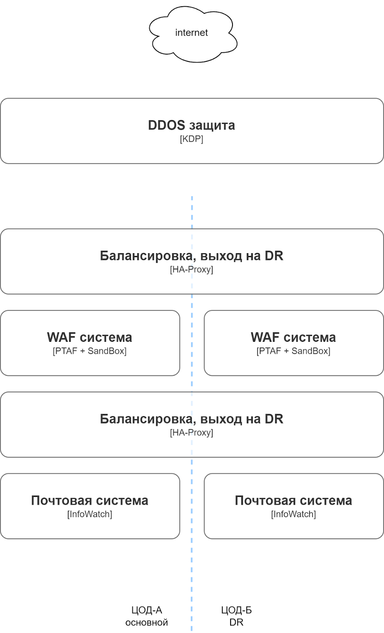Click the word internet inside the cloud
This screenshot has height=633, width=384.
(x=191, y=33)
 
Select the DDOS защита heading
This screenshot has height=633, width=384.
(x=191, y=125)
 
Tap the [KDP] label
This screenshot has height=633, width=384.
(x=191, y=139)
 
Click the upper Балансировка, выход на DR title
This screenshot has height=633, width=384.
(x=191, y=256)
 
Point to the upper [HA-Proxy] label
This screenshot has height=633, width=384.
(x=191, y=270)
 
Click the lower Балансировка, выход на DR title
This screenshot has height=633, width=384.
(x=191, y=419)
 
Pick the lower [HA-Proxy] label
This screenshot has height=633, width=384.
(x=191, y=433)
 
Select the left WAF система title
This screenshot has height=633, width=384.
(x=89, y=337)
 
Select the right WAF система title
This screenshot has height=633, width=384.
(x=293, y=337)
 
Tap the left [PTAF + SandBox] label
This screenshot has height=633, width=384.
(x=89, y=351)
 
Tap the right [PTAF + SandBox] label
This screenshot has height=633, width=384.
(x=293, y=351)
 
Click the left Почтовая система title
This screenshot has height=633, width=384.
(x=89, y=500)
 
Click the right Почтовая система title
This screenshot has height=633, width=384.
(x=293, y=500)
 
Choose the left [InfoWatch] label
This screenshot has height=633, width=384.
(x=89, y=514)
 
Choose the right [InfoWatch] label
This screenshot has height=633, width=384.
(x=293, y=514)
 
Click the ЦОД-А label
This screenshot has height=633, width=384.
(x=147, y=610)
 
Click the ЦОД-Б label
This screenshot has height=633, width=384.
(x=236, y=610)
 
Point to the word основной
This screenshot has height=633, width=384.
(x=147, y=623)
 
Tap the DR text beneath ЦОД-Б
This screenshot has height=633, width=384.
(x=236, y=622)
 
